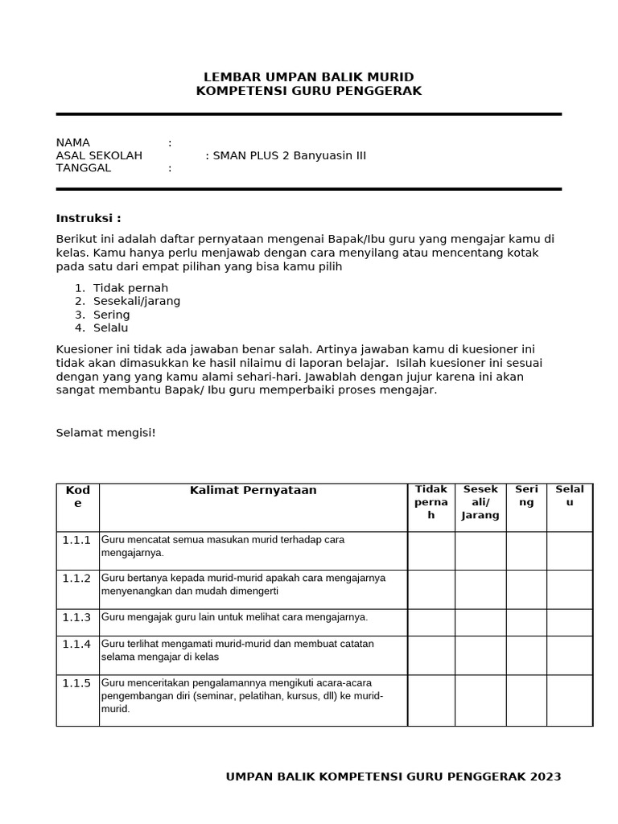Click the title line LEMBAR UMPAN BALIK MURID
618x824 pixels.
point(308,77)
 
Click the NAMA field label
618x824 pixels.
point(73,142)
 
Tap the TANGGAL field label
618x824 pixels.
point(84,168)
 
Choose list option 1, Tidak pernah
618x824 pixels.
point(130,288)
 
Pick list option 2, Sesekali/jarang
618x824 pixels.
point(137,301)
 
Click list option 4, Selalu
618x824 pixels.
point(111,328)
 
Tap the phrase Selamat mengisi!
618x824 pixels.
point(105,433)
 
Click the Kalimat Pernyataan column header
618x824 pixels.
point(253,490)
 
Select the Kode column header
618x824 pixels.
point(78,496)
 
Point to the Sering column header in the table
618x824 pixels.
point(526,495)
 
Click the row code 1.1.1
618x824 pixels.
point(77,540)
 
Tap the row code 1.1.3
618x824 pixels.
point(77,617)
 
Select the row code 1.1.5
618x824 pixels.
point(77,683)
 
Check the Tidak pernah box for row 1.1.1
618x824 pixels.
point(431,550)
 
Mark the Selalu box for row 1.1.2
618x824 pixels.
point(569,589)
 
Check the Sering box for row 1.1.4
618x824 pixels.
point(526,655)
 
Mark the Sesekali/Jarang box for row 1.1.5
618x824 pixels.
point(480,700)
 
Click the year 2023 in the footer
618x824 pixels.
point(546,777)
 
